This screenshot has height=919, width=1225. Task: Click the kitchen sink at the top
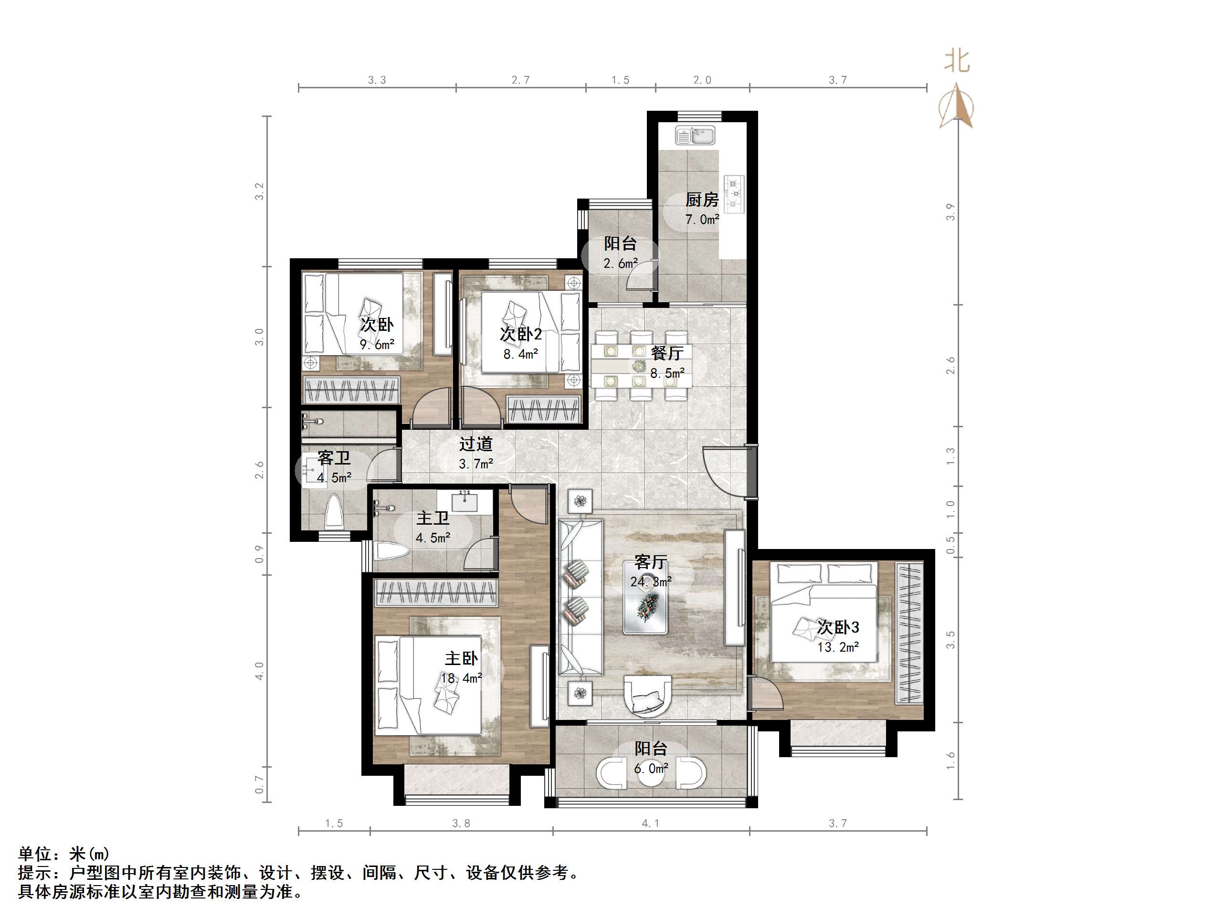(x=696, y=135)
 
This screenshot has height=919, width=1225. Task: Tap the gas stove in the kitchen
(x=734, y=193)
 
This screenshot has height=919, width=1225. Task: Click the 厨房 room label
(x=702, y=200)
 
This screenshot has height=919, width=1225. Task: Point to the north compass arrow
(x=956, y=105)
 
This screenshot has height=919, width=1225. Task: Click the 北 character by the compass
(x=957, y=61)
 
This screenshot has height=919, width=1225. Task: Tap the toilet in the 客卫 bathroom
(x=333, y=512)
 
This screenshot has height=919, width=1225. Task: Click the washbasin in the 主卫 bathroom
(x=465, y=501)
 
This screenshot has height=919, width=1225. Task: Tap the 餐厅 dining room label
(x=667, y=353)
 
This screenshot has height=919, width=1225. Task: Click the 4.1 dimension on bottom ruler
(x=650, y=824)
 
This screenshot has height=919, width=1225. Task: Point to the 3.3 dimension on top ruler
(x=377, y=80)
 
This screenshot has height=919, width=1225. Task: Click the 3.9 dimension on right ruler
(x=950, y=212)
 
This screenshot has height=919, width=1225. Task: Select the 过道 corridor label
(x=475, y=444)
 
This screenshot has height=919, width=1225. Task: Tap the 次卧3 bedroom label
(x=838, y=627)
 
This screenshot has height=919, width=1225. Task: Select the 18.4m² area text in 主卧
(x=461, y=678)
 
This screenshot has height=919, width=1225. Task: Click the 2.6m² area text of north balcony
(x=620, y=264)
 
